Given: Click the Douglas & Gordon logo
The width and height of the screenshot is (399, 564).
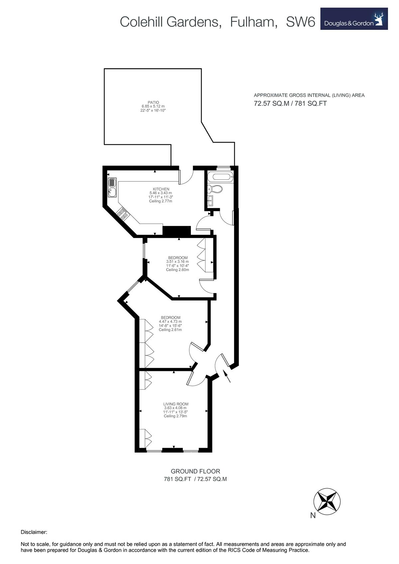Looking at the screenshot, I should pos(354,19).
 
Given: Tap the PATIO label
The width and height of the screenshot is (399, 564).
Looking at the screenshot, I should pos(153,102).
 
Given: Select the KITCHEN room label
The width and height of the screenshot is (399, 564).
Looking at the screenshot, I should pos(161,189).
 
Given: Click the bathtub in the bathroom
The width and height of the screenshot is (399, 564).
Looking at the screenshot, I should pos(220,176).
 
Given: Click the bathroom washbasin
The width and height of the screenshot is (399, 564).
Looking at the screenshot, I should pos(211,200).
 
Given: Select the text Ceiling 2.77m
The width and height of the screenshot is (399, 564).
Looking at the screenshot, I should pos(161,201).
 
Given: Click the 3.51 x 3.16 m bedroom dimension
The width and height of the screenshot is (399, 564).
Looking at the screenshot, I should pos(177,262).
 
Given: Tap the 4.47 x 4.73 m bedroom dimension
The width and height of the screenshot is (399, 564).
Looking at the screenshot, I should pos(170,321).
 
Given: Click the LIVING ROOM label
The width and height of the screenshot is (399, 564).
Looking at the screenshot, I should pos(176,404).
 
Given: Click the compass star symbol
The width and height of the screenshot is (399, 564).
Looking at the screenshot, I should pos(327,501).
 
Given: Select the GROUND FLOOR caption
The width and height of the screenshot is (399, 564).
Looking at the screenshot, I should pos(195,471).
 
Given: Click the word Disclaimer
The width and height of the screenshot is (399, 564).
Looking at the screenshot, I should pos(34,532).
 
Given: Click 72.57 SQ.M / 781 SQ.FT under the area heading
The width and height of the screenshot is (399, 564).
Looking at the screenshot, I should pos(290,103).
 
